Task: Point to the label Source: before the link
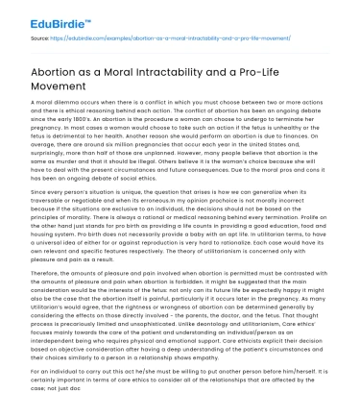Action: (x=40, y=38)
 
